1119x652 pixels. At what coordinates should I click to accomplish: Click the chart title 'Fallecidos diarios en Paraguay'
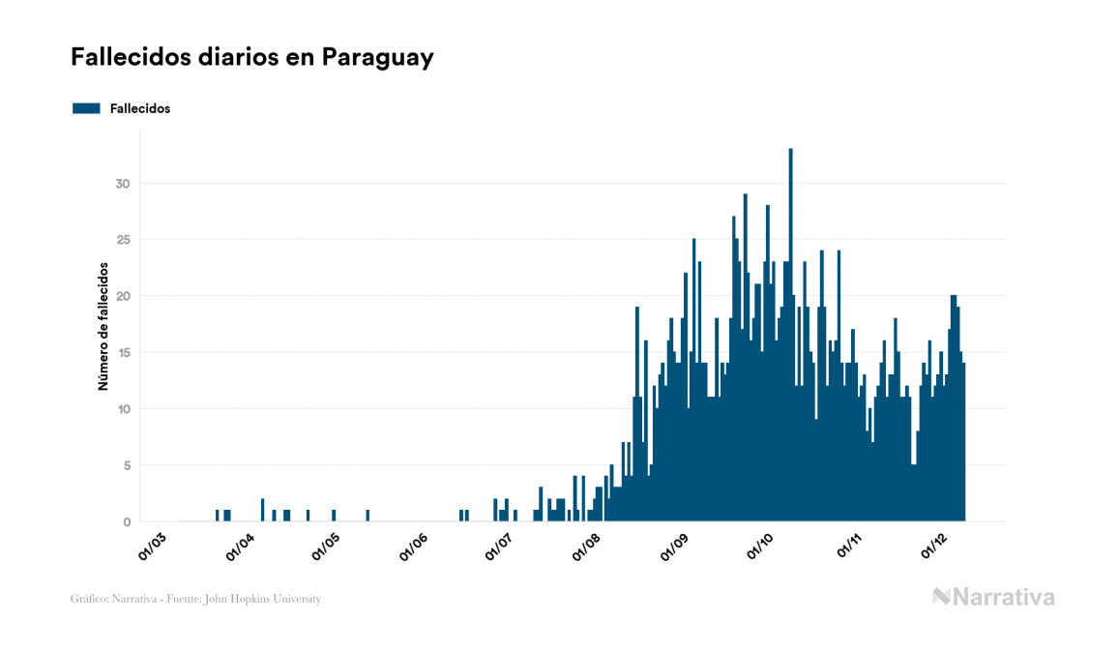click(251, 58)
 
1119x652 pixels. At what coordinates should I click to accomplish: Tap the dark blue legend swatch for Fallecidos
click(86, 108)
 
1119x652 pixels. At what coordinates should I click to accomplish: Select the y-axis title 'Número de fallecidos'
click(103, 326)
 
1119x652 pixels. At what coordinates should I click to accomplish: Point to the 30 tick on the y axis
click(122, 184)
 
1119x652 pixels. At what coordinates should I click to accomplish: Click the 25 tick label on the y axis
click(122, 240)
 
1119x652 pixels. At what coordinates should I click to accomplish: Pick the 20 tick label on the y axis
click(122, 296)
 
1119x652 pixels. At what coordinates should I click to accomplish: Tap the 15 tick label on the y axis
click(122, 353)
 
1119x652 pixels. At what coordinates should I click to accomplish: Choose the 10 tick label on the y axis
click(122, 409)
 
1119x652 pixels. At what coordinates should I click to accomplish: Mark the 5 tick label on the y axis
click(126, 465)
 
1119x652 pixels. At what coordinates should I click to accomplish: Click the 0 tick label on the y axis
click(126, 522)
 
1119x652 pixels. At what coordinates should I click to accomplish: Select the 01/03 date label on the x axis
click(155, 546)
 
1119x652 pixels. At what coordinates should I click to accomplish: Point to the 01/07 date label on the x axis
click(499, 546)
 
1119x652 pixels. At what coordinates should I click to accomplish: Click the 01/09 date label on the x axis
click(673, 546)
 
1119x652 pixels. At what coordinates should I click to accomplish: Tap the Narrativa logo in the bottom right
click(993, 597)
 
